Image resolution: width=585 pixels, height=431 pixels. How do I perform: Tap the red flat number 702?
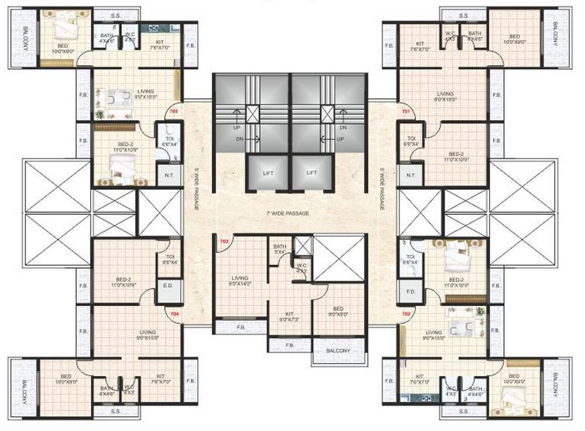(405, 313)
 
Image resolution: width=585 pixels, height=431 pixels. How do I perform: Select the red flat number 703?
(223, 241)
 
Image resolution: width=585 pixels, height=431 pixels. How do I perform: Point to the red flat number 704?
(173, 313)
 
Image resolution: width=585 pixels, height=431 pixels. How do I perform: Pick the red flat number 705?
(173, 111)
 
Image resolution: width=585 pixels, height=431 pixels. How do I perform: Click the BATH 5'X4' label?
(280, 250)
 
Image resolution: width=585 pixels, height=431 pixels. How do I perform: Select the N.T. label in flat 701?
(410, 174)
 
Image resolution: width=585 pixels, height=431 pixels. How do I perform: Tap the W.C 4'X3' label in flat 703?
(301, 269)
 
